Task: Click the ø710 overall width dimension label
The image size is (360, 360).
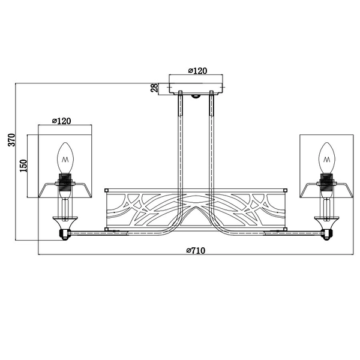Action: click(x=196, y=250)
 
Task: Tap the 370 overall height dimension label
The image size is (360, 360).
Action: click(x=11, y=140)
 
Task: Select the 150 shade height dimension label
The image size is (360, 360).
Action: click(x=23, y=166)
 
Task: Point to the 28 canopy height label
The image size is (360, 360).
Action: click(x=154, y=88)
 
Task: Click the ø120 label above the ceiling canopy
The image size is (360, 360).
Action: click(x=197, y=71)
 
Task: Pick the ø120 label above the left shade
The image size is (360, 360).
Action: click(x=62, y=121)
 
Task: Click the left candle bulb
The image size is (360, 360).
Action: click(x=65, y=158)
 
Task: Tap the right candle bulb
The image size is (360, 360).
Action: click(x=327, y=158)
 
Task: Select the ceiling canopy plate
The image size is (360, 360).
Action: click(x=196, y=88)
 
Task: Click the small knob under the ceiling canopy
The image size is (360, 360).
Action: click(x=196, y=96)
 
